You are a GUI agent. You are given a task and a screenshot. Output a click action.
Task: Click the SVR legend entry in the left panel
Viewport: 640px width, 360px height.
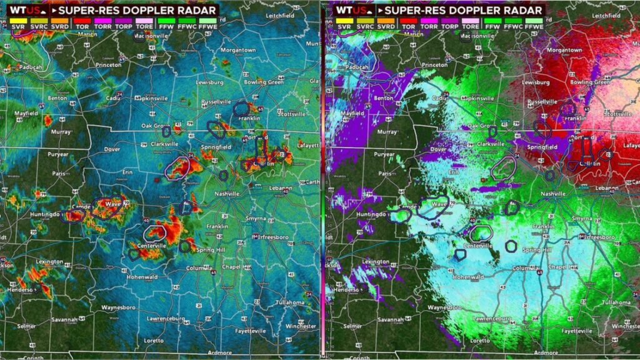(x=16, y=27)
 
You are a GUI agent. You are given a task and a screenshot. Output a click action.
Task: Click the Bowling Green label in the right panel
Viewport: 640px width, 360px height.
(x=588, y=82)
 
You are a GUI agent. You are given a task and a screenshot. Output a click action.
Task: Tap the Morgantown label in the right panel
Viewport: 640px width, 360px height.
(x=564, y=49)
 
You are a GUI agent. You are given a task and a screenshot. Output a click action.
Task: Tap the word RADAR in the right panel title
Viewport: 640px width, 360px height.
(x=524, y=11)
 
